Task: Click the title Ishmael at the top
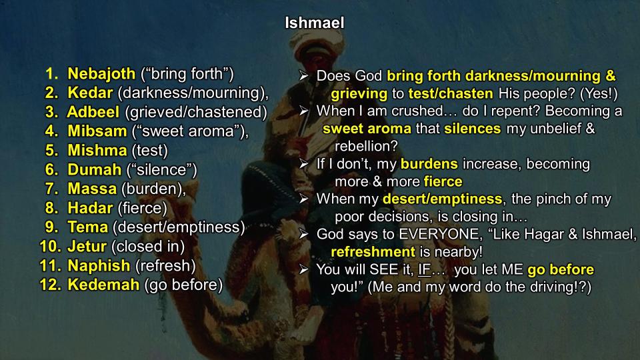coord(314,23)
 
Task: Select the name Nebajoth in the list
coord(101,74)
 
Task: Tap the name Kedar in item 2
coord(90,93)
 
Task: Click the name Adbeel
coord(93,112)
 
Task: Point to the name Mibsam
coord(97,131)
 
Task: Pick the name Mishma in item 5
coord(97,151)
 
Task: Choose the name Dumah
coord(95,170)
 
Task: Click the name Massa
coord(92,189)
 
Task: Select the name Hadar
coord(90,208)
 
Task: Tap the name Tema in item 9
coord(88,227)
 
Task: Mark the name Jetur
coord(87,247)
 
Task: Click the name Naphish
coord(99,266)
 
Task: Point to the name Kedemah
coord(104,285)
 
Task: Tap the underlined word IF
coord(425,270)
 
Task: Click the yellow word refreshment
coord(373,252)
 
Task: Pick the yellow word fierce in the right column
coord(443,181)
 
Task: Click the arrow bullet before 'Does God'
coord(304,75)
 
